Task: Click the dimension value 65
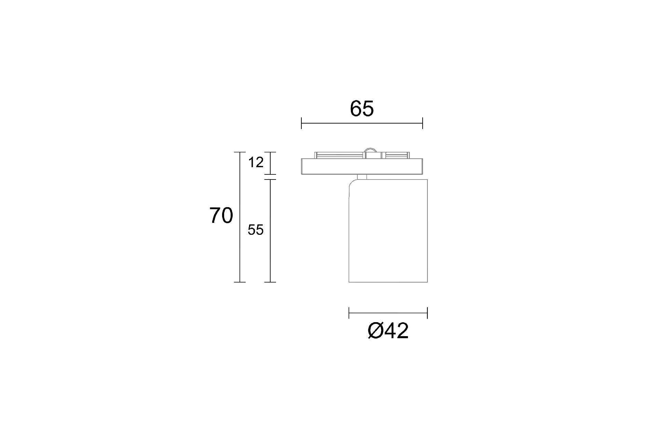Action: [x=362, y=109]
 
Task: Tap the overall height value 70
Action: [x=221, y=216]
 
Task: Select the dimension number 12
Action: [x=256, y=162]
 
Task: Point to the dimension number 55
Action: [x=256, y=230]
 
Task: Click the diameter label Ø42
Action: [x=388, y=331]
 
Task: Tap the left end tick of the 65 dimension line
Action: [x=301, y=123]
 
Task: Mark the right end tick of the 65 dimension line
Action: [x=423, y=123]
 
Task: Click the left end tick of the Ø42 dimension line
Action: [x=349, y=313]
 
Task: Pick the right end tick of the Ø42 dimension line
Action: [x=427, y=313]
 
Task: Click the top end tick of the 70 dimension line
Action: [x=240, y=152]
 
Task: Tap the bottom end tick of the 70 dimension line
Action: [x=240, y=282]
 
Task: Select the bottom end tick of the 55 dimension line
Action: [x=270, y=282]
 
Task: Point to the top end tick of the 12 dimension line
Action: [x=270, y=152]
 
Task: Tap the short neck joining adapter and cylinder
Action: [x=362, y=177]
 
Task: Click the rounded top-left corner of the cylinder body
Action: [x=352, y=183]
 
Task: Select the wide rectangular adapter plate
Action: [x=362, y=167]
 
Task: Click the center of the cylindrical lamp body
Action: [x=388, y=231]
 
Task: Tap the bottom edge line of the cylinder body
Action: [x=388, y=282]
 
